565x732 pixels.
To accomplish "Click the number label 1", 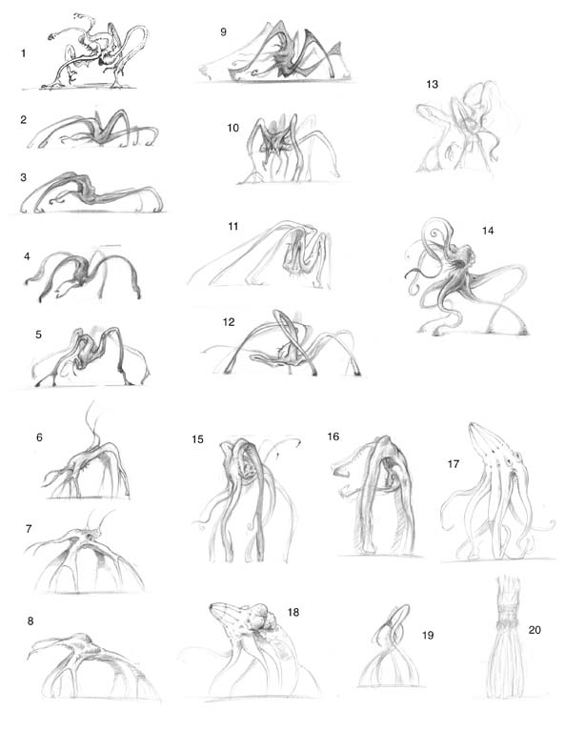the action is tap(23, 53).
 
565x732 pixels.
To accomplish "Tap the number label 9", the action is tap(224, 31).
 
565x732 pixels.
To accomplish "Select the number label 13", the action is tap(433, 84).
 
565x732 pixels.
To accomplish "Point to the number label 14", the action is tap(488, 231).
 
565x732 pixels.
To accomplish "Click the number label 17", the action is tap(454, 464).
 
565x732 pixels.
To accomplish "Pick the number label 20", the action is tap(535, 630).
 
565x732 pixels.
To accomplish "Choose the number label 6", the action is tap(39, 437).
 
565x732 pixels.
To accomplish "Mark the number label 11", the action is tap(233, 227).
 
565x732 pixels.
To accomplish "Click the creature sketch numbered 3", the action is tap(91, 193).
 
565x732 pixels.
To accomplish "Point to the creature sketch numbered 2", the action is tap(93, 129).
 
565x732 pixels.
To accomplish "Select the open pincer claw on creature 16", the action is tap(341, 467).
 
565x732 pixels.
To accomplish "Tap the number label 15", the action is tap(197, 439).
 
